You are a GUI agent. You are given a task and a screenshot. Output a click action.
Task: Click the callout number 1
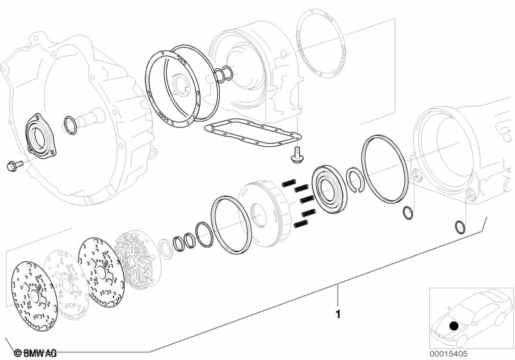click(x=338, y=315)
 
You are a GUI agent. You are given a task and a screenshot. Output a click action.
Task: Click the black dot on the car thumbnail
click(x=455, y=327)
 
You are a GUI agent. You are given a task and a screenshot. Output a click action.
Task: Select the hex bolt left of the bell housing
click(x=13, y=166)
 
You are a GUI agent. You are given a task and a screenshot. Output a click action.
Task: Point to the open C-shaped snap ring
click(x=355, y=178)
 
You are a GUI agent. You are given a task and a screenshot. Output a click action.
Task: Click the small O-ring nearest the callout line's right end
click(x=458, y=227)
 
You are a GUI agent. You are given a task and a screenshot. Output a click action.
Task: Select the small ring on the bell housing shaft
click(x=70, y=126)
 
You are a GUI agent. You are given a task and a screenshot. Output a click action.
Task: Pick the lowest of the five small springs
click(x=301, y=224)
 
